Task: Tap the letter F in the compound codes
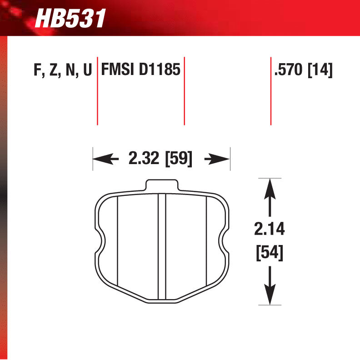pyautogui.click(x=37, y=71)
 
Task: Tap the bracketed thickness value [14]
pyautogui.click(x=320, y=71)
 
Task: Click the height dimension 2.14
pyautogui.click(x=270, y=230)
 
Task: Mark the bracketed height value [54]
pyautogui.click(x=270, y=252)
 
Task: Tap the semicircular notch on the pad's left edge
pyautogui.click(x=101, y=238)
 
